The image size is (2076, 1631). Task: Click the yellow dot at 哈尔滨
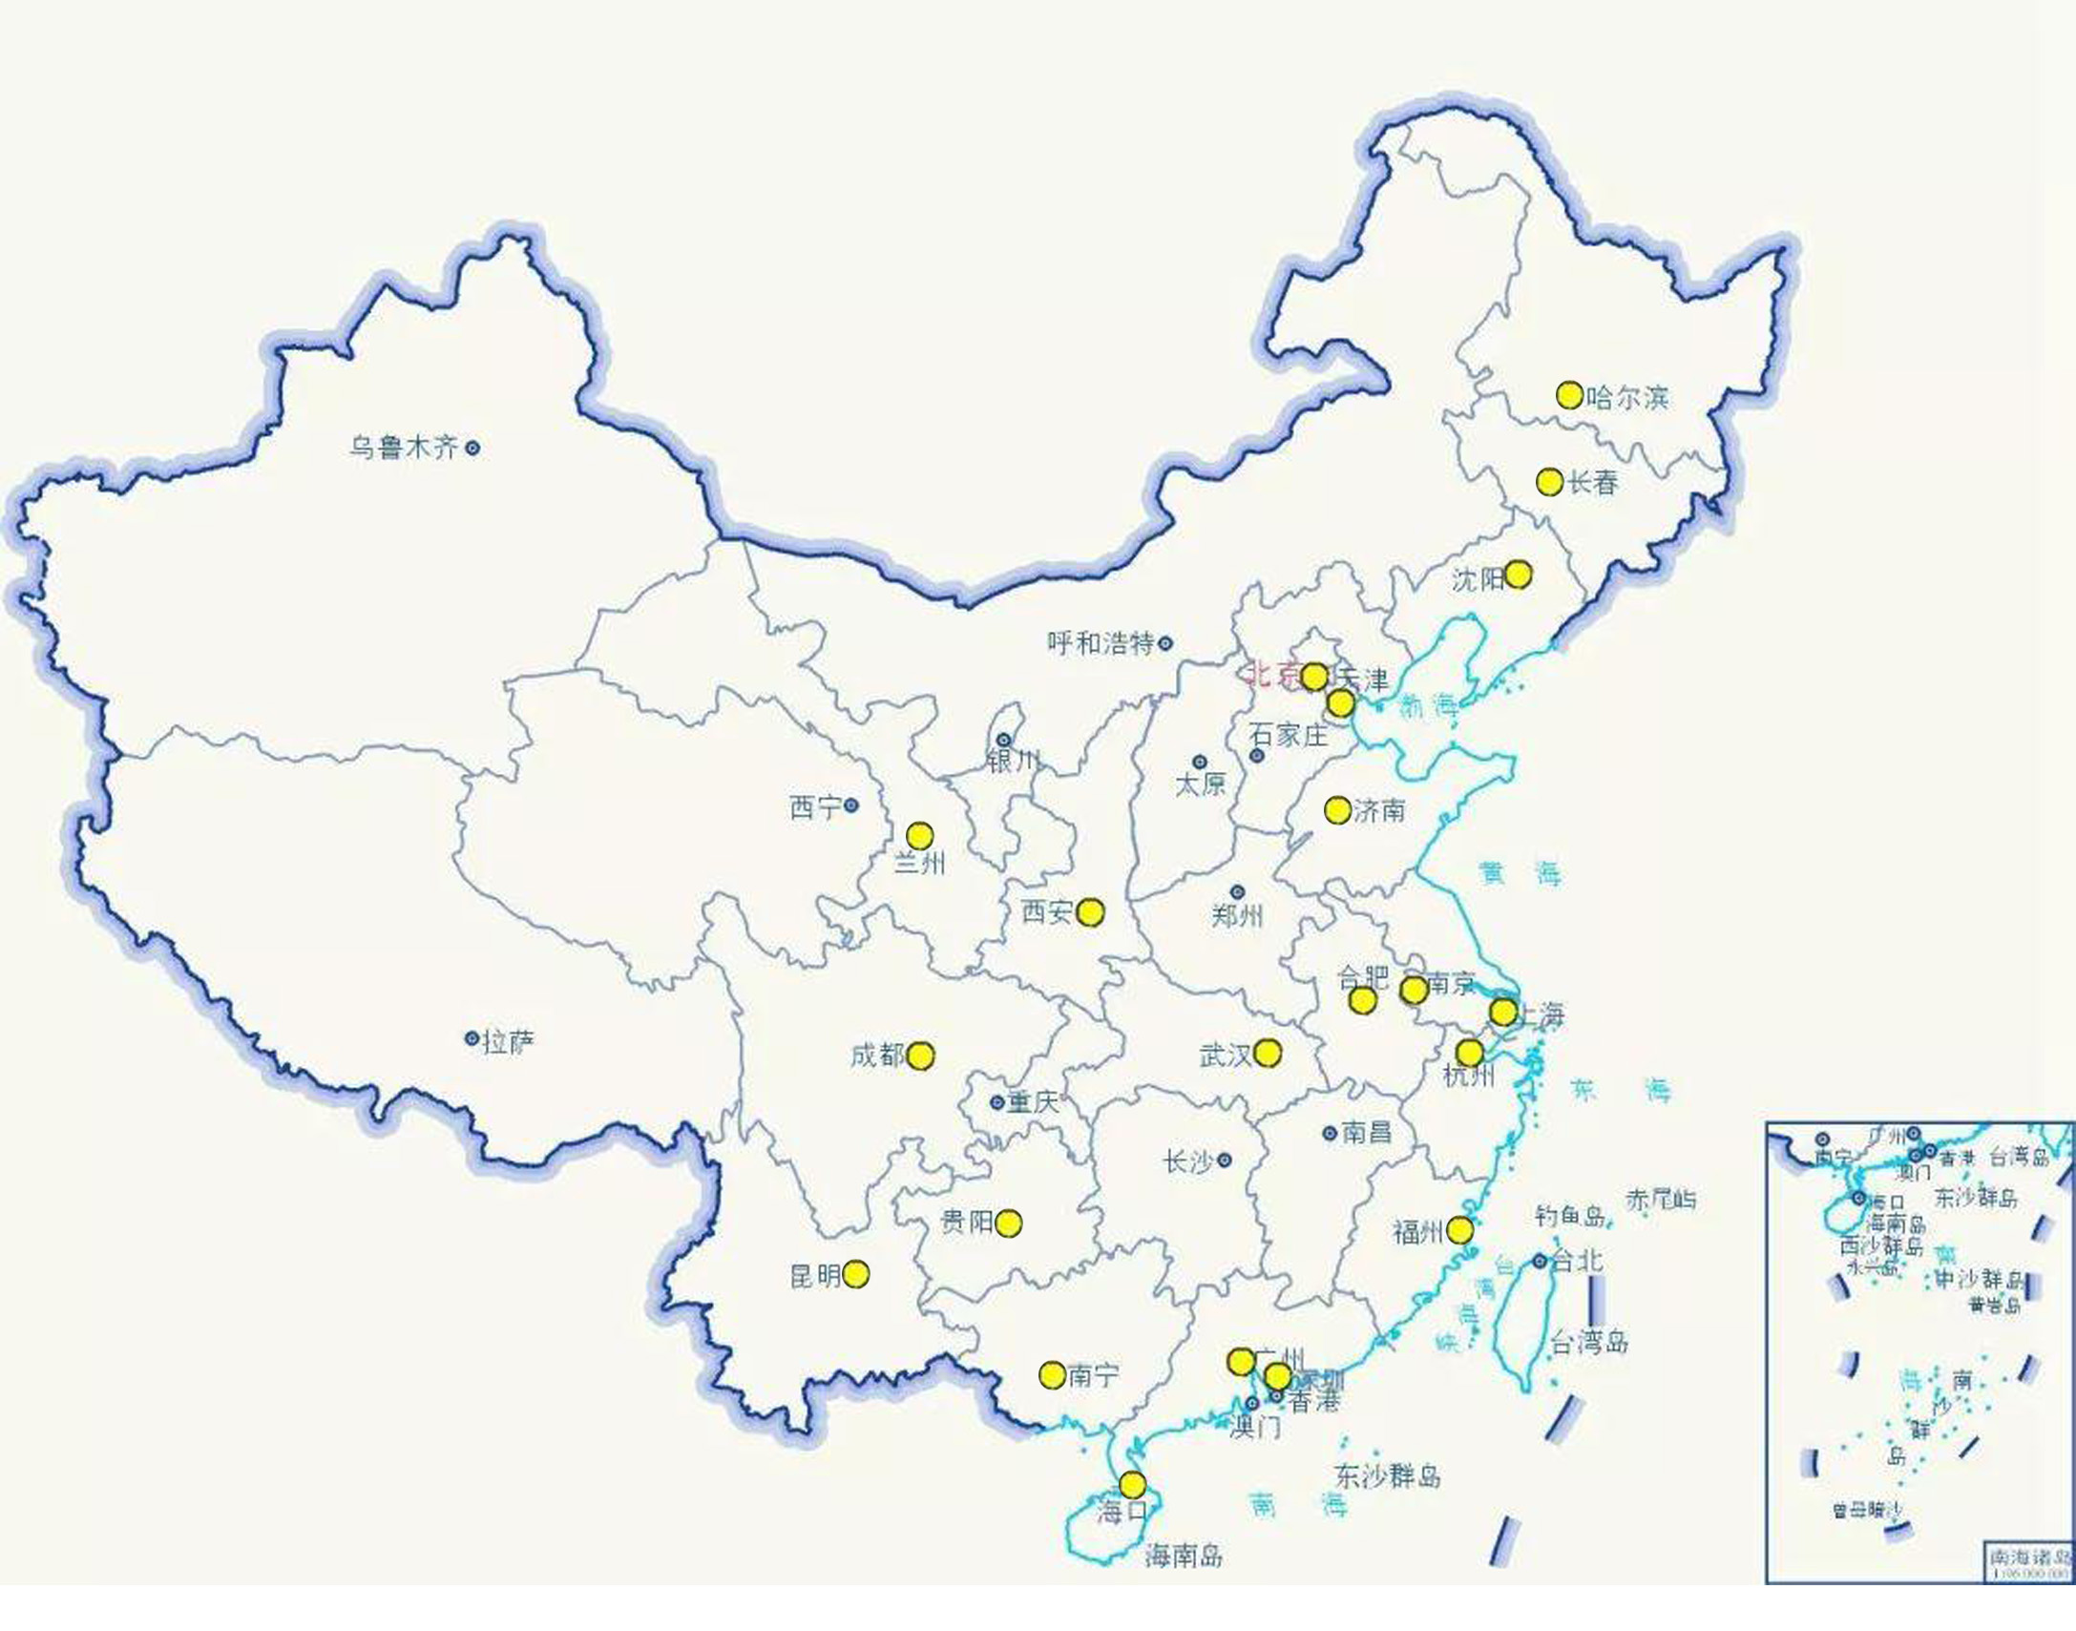1569,394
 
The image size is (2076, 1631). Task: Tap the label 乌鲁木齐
403,447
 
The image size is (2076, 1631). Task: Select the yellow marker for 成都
919,1056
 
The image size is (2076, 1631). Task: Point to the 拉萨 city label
508,1042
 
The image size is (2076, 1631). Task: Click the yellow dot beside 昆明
855,1274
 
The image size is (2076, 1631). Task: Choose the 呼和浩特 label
1101,642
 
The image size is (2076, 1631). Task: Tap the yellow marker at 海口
1132,1485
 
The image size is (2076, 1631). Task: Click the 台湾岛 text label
1589,1342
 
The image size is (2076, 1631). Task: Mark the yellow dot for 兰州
918,837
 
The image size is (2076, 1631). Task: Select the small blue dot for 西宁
850,805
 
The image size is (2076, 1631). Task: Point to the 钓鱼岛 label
1570,1216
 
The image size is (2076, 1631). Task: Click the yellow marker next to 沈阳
1518,574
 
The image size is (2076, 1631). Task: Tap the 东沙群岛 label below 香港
1388,1476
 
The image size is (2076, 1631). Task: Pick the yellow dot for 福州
1459,1230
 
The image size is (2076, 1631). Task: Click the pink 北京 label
1271,675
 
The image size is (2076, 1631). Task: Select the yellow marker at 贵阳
1007,1223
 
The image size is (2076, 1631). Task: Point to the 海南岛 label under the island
1185,1556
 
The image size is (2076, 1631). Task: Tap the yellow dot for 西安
1090,913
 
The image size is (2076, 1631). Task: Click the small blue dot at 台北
1540,1262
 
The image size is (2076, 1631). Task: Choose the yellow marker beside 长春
1549,481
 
